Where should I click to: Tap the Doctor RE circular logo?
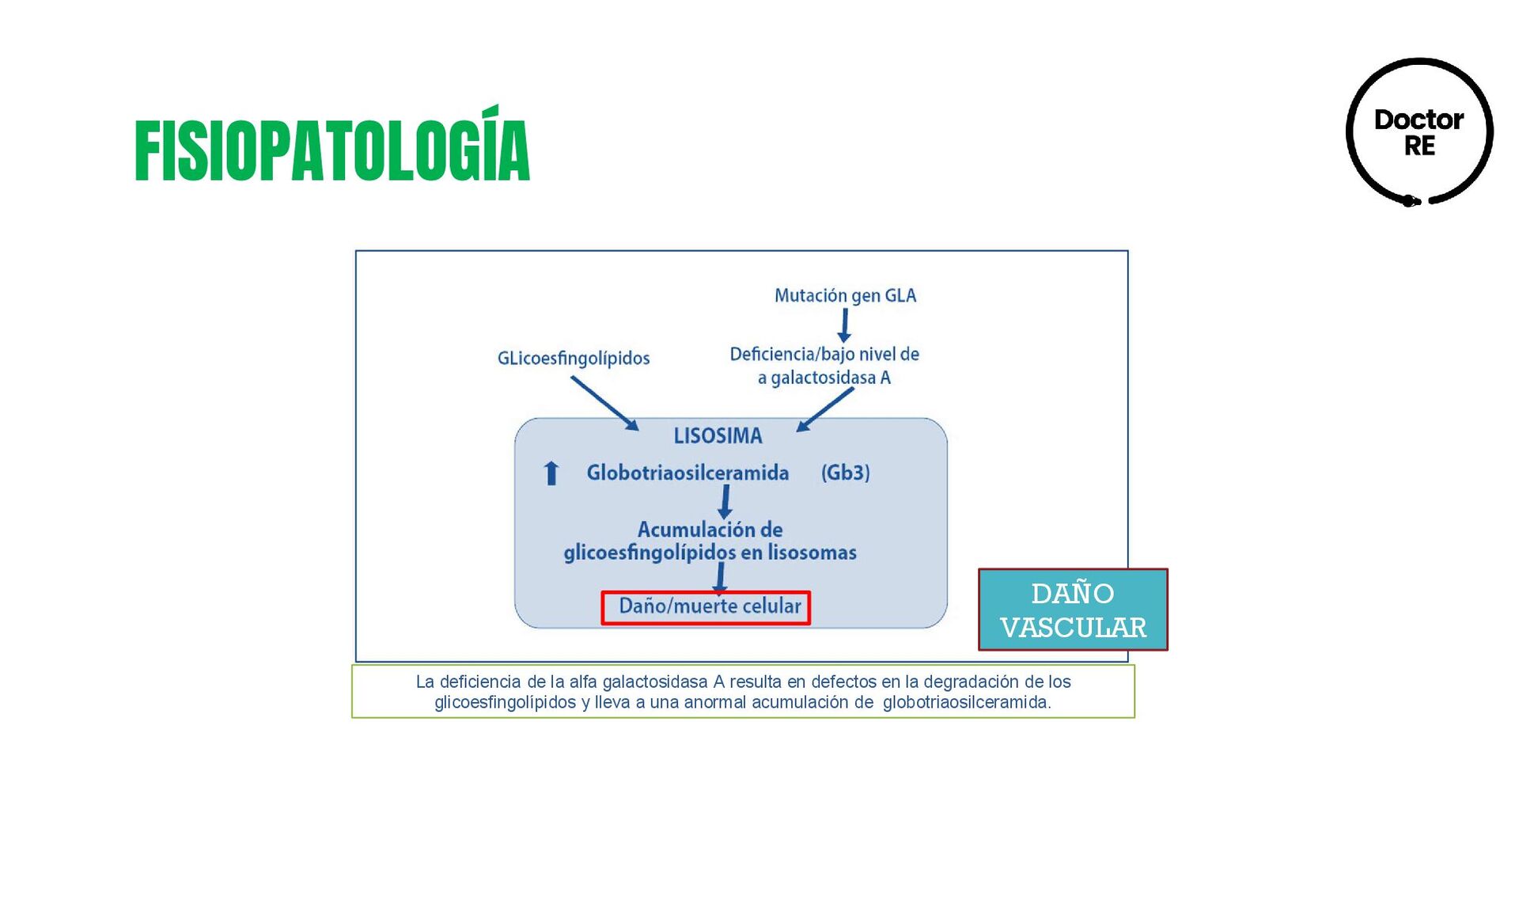(x=1419, y=132)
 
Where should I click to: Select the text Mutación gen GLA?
(x=845, y=295)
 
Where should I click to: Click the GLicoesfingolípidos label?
(x=574, y=358)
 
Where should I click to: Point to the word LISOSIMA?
(x=718, y=435)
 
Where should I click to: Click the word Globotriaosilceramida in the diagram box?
(x=688, y=473)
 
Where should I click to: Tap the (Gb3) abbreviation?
(x=845, y=473)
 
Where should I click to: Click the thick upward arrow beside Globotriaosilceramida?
(x=551, y=473)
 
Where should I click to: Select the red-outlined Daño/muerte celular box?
(x=706, y=607)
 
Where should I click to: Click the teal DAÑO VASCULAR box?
(x=1073, y=610)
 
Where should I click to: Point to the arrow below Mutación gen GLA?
(x=844, y=325)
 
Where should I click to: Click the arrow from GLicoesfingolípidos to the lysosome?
(x=604, y=403)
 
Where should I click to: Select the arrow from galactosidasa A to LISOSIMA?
(x=825, y=409)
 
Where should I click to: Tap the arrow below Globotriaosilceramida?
(x=725, y=502)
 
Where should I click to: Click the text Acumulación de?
(x=710, y=529)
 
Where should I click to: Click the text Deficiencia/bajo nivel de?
(x=824, y=354)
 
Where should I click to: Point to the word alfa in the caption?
(x=583, y=682)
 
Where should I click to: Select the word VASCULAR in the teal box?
(x=1073, y=628)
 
